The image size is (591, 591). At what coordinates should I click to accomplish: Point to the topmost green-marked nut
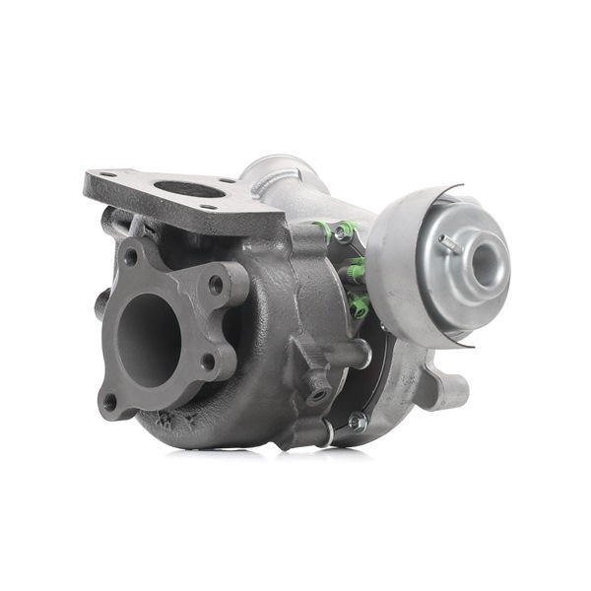pyautogui.click(x=344, y=231)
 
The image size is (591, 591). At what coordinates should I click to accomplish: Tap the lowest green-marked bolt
pyautogui.click(x=359, y=306)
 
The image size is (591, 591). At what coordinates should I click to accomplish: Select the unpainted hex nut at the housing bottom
pyautogui.click(x=357, y=421)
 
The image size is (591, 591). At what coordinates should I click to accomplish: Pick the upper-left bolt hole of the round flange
pyautogui.click(x=129, y=258)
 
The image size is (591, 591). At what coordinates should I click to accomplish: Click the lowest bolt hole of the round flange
pyautogui.click(x=109, y=401)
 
